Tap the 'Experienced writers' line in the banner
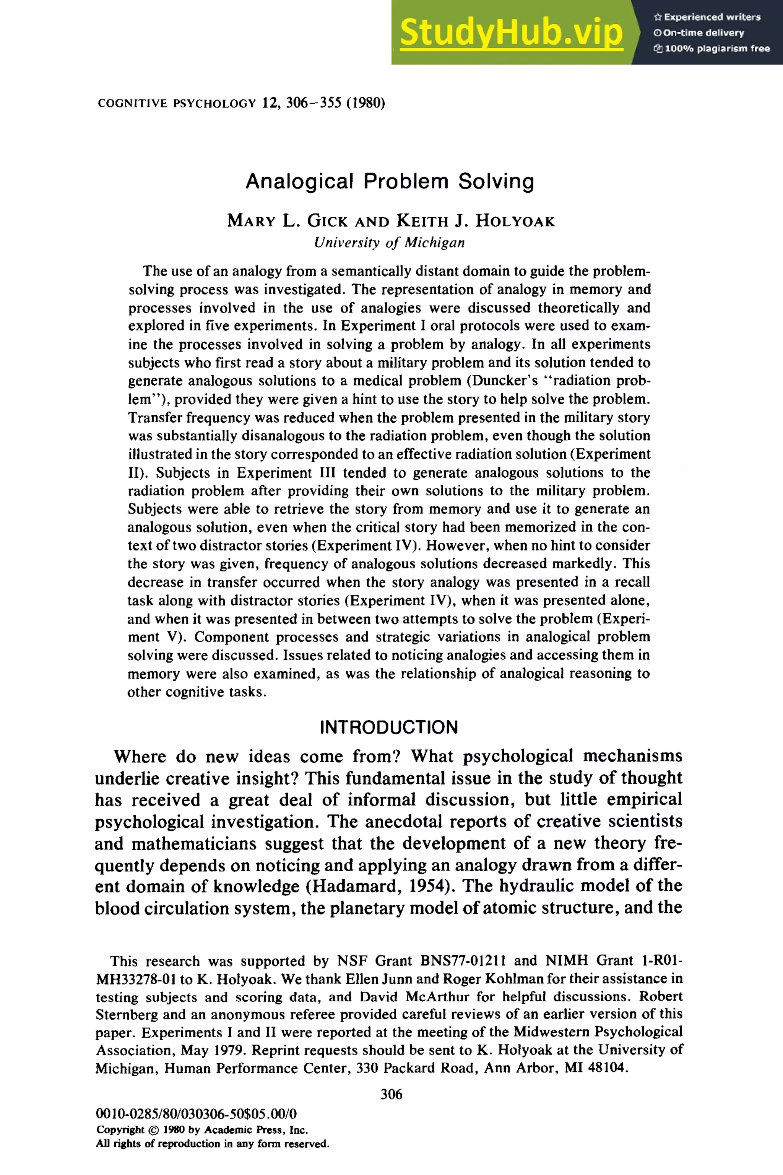coord(707,17)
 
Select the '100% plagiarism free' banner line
coord(712,49)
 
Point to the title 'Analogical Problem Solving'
coord(390,181)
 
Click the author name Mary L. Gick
coord(276,220)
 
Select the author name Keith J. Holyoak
coord(475,220)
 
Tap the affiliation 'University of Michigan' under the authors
coord(390,243)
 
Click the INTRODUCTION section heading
coord(388,727)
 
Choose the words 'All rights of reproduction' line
coord(212,1144)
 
